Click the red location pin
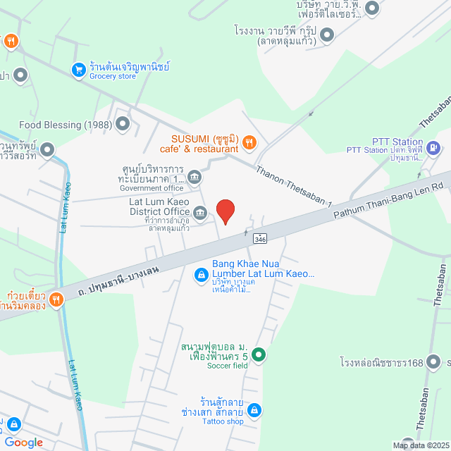coord(225,211)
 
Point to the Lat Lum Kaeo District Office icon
coord(200,213)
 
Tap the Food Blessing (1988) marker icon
coord(123,125)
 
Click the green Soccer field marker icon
coord(259,354)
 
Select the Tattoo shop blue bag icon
coord(255,410)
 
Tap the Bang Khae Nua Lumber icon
coord(200,273)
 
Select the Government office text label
coord(152,188)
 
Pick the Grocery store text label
coord(113,76)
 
